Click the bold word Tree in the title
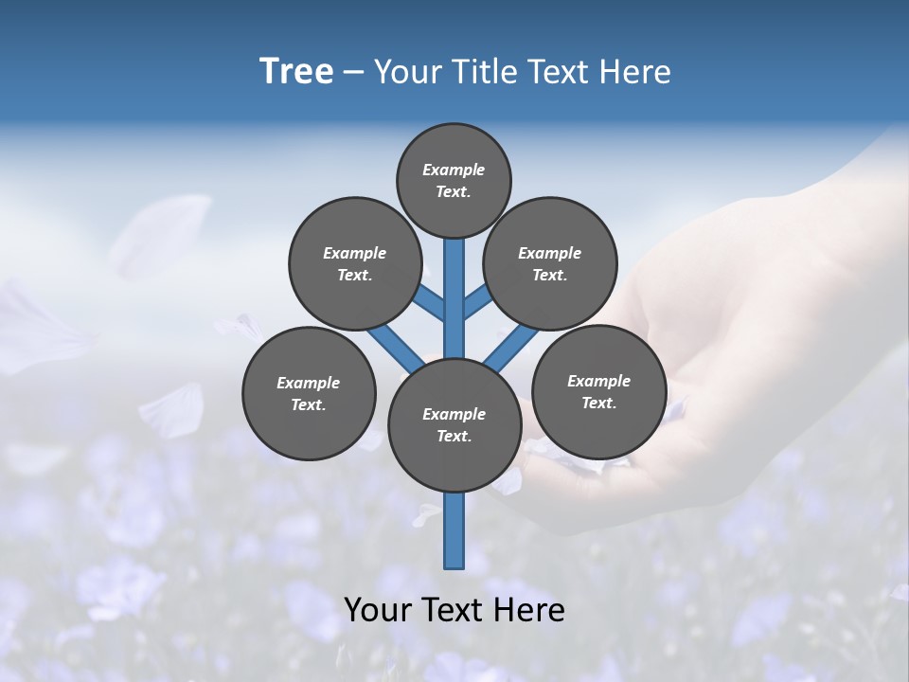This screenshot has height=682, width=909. point(296,72)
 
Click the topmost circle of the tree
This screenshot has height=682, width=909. point(454,180)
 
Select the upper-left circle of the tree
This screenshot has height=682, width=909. point(355,263)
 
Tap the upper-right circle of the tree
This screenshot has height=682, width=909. point(550,263)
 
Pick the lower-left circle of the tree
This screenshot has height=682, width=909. point(309,393)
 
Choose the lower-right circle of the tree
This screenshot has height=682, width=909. point(598,391)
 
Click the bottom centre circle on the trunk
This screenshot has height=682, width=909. point(454,425)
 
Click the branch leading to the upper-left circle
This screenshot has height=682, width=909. point(431,302)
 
